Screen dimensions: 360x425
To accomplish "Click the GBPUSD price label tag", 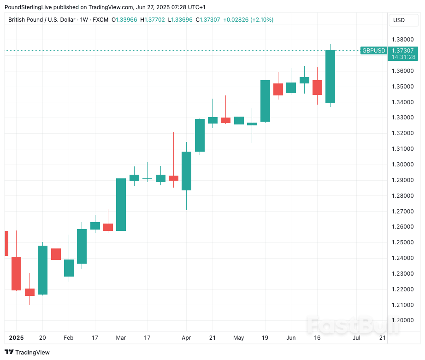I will [373, 51].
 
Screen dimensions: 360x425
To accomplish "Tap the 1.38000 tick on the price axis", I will [402, 40].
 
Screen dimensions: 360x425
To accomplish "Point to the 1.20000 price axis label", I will [402, 320].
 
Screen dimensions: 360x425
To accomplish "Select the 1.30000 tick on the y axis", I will [402, 165].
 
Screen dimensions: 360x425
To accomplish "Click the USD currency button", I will [399, 20].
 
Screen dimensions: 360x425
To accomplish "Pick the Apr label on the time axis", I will [186, 338].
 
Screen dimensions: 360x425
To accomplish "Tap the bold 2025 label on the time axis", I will [16, 338].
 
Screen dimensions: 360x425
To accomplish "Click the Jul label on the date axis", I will [356, 338].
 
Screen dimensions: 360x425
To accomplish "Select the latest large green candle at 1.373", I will [330, 77].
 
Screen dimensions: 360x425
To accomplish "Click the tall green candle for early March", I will [121, 204].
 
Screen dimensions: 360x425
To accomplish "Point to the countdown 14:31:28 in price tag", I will [402, 57].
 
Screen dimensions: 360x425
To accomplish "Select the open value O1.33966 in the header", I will [124, 20].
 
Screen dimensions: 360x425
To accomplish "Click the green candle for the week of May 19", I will [265, 101].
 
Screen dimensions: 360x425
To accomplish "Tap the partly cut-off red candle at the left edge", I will [6, 243].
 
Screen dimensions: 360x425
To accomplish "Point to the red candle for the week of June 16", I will [317, 87].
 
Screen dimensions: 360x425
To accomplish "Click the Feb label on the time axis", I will [68, 338].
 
